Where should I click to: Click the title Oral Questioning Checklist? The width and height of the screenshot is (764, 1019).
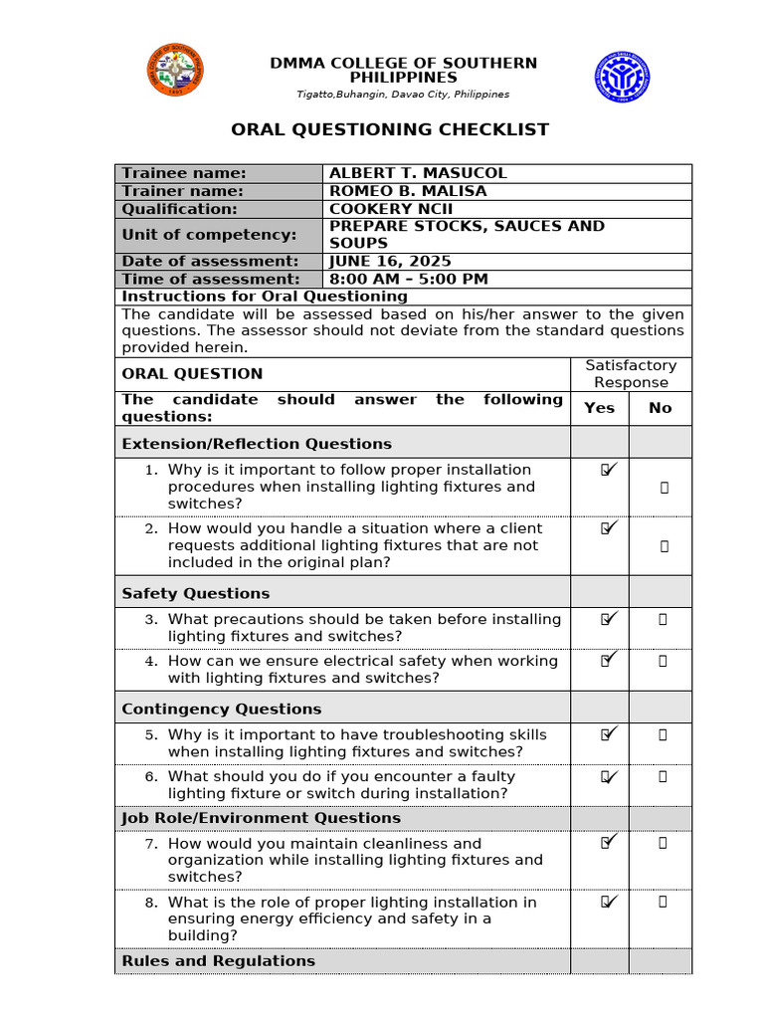tap(390, 129)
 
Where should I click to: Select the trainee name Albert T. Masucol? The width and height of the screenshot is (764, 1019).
tap(418, 173)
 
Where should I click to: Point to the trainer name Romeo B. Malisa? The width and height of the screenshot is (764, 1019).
tap(408, 191)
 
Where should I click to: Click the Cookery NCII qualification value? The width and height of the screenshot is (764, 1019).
tap(390, 209)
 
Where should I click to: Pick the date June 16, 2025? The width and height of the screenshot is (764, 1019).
tap(390, 262)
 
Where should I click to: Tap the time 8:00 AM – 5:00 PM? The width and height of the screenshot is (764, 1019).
tap(408, 280)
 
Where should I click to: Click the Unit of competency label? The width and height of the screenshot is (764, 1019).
tap(209, 235)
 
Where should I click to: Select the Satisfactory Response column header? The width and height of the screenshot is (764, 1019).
tap(631, 374)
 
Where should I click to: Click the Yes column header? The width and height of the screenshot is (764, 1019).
tap(599, 408)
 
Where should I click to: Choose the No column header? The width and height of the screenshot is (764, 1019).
tap(660, 408)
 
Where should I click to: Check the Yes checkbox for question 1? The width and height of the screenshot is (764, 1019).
tap(608, 470)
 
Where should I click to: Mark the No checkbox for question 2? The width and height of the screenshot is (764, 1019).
tap(664, 546)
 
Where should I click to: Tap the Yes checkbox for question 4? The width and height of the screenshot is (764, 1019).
tap(608, 660)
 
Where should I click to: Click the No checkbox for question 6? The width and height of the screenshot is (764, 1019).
tap(664, 776)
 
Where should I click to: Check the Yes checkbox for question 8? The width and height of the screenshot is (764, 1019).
tap(608, 902)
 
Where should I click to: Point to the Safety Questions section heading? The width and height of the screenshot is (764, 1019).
tap(195, 593)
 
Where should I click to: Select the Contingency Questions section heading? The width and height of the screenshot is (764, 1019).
tap(221, 709)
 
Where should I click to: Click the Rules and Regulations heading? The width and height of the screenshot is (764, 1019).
tap(218, 961)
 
